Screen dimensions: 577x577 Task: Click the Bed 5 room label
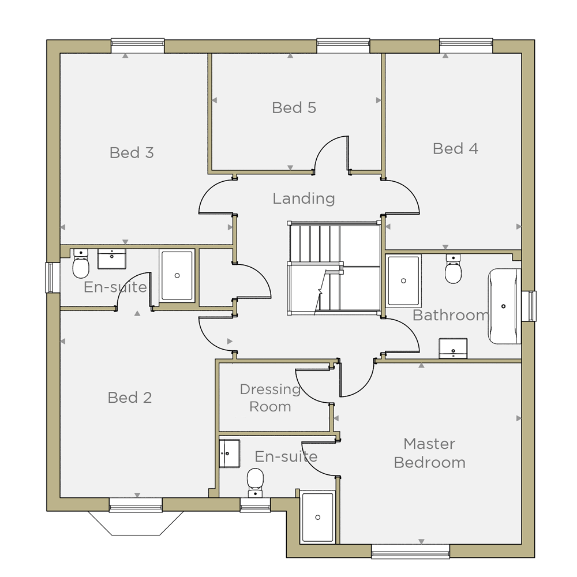tap(294, 108)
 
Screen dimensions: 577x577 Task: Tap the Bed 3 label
tap(132, 153)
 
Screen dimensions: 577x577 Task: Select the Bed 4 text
tap(455, 149)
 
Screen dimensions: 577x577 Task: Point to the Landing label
tap(304, 198)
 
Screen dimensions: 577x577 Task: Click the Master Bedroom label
tap(429, 453)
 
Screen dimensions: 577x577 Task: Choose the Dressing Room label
tap(271, 398)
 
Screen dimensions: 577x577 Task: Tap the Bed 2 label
tap(129, 398)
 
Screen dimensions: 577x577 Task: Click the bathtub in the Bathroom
tap(504, 306)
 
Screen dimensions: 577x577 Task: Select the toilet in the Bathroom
tap(453, 269)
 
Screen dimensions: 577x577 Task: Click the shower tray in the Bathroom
tap(403, 281)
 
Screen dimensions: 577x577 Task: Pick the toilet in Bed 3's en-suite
tap(81, 264)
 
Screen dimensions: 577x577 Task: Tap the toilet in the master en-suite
tap(255, 482)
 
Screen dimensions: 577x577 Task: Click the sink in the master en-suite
tap(230, 454)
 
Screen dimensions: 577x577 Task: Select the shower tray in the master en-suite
tap(317, 517)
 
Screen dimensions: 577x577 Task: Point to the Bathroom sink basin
tap(453, 348)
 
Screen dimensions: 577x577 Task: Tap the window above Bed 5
tap(343, 46)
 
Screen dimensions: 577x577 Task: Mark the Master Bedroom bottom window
tap(411, 551)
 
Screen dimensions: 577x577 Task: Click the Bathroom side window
tap(529, 306)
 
